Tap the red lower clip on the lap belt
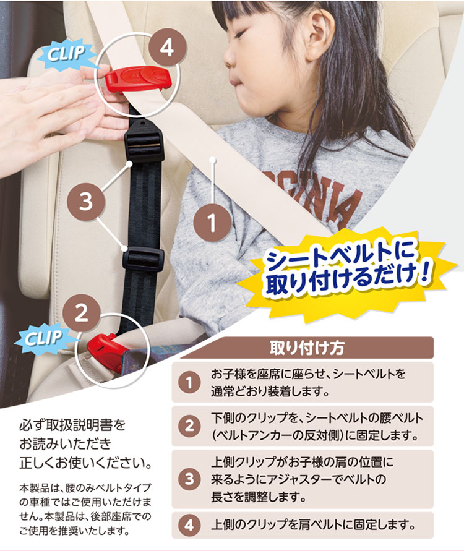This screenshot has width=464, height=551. [x=105, y=349]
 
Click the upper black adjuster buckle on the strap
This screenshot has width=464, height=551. [x=144, y=141]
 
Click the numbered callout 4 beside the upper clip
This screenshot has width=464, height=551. [x=167, y=48]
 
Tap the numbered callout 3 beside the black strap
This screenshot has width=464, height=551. [x=86, y=202]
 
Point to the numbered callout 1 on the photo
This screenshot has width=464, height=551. [x=212, y=223]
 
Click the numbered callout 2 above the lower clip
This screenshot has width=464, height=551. [x=82, y=313]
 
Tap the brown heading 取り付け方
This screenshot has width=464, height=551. [x=306, y=348]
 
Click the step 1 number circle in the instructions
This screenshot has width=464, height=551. [x=190, y=382]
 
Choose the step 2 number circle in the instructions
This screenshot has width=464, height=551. [x=190, y=426]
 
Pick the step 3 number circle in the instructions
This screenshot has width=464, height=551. [x=190, y=479]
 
